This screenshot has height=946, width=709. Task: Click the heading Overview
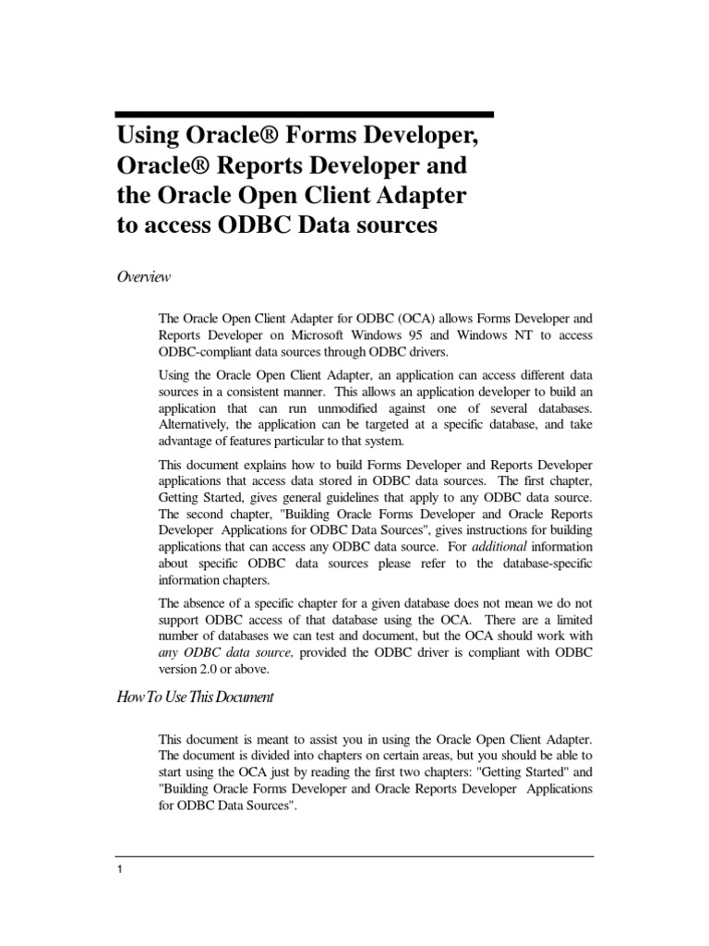141,276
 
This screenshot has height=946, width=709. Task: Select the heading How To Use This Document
194,697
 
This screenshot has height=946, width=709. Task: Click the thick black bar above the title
304,115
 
